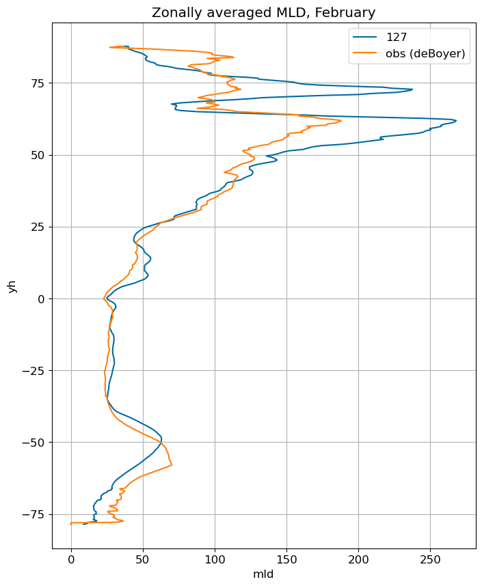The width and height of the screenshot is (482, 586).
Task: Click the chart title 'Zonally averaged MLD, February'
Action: (263, 13)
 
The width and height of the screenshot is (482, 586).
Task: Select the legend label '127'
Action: (397, 37)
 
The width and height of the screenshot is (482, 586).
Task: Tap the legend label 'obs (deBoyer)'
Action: (425, 53)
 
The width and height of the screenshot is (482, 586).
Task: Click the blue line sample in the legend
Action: (365, 37)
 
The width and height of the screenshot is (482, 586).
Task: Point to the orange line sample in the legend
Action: (365, 53)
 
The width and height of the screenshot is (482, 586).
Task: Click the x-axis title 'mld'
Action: (263, 574)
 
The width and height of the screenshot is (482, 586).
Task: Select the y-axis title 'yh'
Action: (13, 286)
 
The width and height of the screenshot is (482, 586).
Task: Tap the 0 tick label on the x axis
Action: (71, 559)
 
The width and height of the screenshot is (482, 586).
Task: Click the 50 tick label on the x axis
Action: (143, 559)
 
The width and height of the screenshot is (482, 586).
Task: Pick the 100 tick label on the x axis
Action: (215, 559)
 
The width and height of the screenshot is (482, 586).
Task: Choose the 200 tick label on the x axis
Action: (358, 559)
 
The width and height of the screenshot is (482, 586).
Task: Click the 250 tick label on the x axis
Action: (430, 559)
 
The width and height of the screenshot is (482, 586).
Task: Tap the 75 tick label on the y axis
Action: (38, 83)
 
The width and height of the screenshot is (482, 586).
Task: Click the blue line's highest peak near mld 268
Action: (456, 121)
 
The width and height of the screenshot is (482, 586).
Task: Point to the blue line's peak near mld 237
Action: (412, 89)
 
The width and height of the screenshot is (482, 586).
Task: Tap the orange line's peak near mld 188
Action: (341, 120)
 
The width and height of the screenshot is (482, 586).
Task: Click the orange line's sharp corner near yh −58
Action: (172, 465)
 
